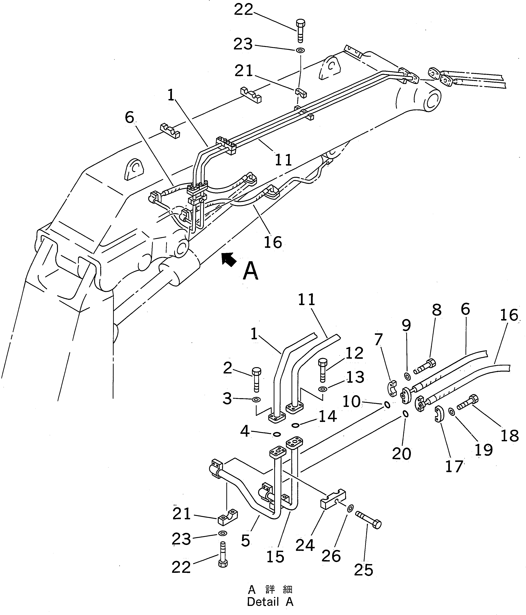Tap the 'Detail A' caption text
click(x=270, y=602)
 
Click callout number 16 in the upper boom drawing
click(x=273, y=242)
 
